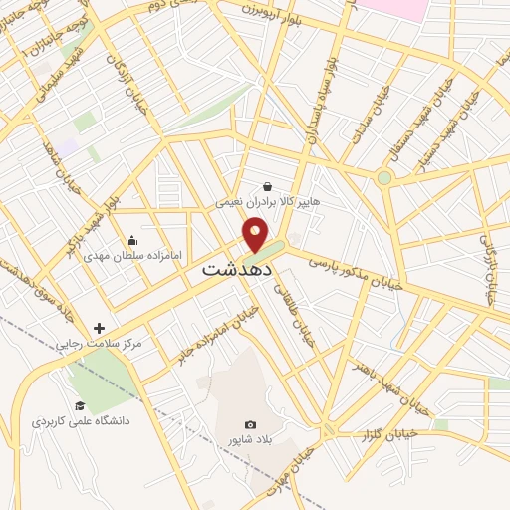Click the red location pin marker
[x=256, y=236]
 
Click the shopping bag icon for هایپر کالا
[x=267, y=185]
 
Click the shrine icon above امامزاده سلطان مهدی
[x=131, y=240]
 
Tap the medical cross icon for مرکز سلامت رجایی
[x=99, y=328]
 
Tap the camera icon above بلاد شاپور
[x=250, y=425]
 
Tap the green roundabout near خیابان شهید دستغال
[x=383, y=178]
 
